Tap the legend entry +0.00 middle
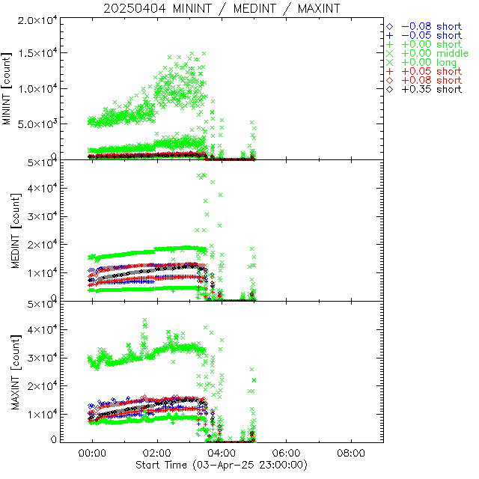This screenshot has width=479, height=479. coord(434,53)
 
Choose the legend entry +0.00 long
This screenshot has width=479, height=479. coord(429,62)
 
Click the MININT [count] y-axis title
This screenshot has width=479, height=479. coord(8,88)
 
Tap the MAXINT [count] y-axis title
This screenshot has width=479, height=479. coord(8,372)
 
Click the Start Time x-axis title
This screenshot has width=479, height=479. coord(222,466)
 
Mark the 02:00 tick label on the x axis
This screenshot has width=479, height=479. coord(157,454)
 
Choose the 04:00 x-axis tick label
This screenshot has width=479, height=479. coord(222,454)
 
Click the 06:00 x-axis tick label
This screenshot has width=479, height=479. coord(287,454)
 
